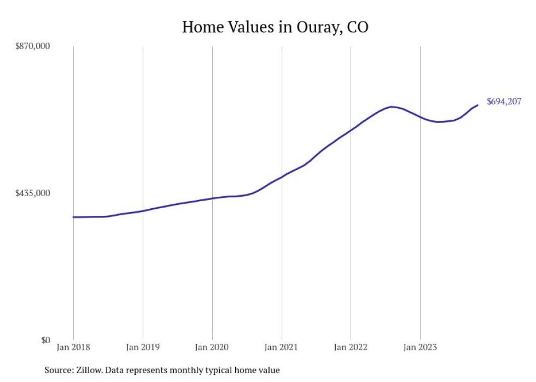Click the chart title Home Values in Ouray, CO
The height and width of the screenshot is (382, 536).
(x=275, y=27)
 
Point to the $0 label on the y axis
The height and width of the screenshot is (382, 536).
(x=45, y=340)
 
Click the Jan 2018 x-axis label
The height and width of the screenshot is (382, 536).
(x=73, y=346)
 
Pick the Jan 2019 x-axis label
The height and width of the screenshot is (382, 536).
(x=143, y=346)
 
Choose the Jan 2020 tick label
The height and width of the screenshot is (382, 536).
(x=212, y=346)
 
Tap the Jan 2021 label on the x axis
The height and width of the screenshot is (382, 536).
(x=281, y=346)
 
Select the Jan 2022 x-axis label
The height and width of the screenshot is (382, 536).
(x=351, y=346)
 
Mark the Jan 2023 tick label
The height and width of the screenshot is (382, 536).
(x=420, y=346)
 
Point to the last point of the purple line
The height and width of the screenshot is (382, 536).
(x=478, y=105)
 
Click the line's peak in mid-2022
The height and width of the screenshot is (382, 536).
(x=392, y=107)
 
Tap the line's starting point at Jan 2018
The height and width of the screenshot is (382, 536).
(x=73, y=217)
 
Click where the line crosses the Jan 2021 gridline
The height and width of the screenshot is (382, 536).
(x=281, y=177)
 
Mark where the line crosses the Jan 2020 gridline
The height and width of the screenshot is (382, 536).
(x=212, y=198)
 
